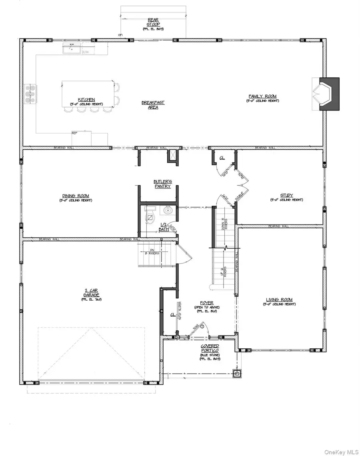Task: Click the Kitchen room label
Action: pyautogui.click(x=86, y=99)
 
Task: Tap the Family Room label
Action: pyautogui.click(x=262, y=96)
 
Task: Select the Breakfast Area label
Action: pyautogui.click(x=153, y=105)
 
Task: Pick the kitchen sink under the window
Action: pyautogui.click(x=72, y=49)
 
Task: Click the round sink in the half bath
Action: pyautogui.click(x=167, y=210)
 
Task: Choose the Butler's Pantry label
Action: pyautogui.click(x=162, y=184)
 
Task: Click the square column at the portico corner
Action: pyautogui.click(x=237, y=374)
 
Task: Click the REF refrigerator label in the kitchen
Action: pyautogui.click(x=74, y=132)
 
